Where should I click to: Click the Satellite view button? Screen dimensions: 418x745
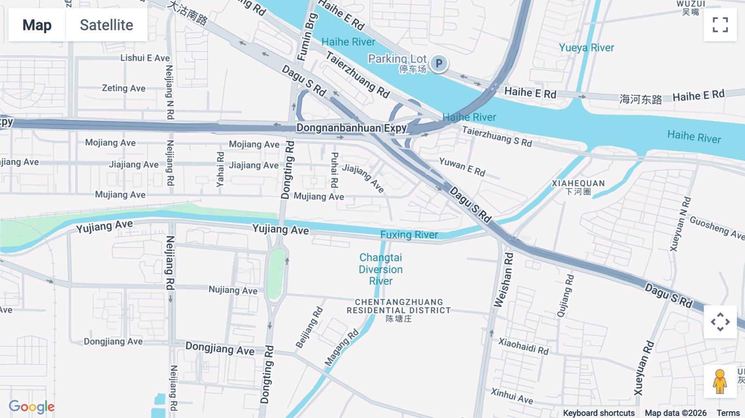pos(106,25)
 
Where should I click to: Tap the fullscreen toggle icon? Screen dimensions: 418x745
pos(720,25)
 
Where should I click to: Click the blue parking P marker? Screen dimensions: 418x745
pos(439,63)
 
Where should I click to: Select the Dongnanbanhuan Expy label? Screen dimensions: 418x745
pos(351,128)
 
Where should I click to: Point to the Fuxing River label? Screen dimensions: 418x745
pos(409,235)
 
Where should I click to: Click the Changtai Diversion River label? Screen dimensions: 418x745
pos(381,269)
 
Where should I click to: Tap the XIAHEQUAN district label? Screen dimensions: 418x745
pos(578,187)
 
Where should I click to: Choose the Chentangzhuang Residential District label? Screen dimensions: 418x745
pos(399,310)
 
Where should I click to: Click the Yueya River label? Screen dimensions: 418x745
pos(586,48)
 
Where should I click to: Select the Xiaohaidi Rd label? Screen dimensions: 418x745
pos(523,346)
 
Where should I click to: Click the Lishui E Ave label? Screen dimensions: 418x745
pos(145,58)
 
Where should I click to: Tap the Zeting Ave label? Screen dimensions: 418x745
pos(123,88)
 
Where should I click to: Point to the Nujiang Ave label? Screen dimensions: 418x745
pos(233,290)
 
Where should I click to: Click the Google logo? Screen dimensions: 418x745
pos(31,407)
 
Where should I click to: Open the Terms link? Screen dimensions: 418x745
pos(728,413)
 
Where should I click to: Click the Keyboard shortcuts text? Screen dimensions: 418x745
pos(598,413)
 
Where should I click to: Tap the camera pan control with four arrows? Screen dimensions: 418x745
pos(720,322)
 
